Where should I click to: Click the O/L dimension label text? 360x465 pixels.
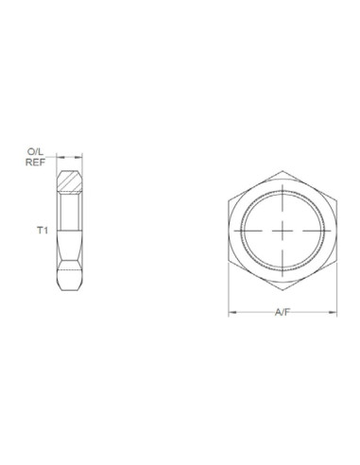[35, 151]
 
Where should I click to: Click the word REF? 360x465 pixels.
[35, 162]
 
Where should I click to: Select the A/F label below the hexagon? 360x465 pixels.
[283, 312]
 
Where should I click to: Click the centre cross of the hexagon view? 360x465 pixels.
[283, 229]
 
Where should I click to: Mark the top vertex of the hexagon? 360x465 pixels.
[283, 169]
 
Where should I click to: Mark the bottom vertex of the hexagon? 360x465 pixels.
[283, 288]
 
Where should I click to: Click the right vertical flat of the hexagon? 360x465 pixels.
[334, 229]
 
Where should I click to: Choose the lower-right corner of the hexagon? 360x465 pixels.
[334, 259]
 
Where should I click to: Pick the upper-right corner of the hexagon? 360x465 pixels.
[334, 198]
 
